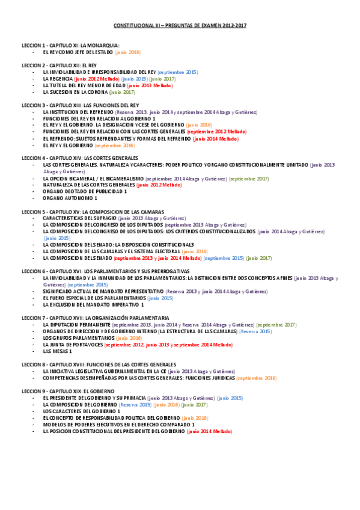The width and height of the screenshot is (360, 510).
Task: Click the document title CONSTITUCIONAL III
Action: coord(180,26)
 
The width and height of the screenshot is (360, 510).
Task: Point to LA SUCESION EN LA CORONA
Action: coord(75,93)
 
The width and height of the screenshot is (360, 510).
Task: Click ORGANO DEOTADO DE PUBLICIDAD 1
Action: coord(85,191)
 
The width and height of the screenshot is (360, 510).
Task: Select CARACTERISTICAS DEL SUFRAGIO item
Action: coord(80,218)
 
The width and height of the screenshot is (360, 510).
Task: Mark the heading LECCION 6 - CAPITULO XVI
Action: coord(97,271)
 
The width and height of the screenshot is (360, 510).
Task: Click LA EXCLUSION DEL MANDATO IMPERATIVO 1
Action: coord(93,304)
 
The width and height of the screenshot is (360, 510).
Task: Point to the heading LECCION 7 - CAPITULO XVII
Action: coord(95,318)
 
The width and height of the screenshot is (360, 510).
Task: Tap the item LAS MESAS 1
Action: coord(58,351)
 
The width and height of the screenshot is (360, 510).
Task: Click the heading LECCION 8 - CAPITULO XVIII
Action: coord(99,364)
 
